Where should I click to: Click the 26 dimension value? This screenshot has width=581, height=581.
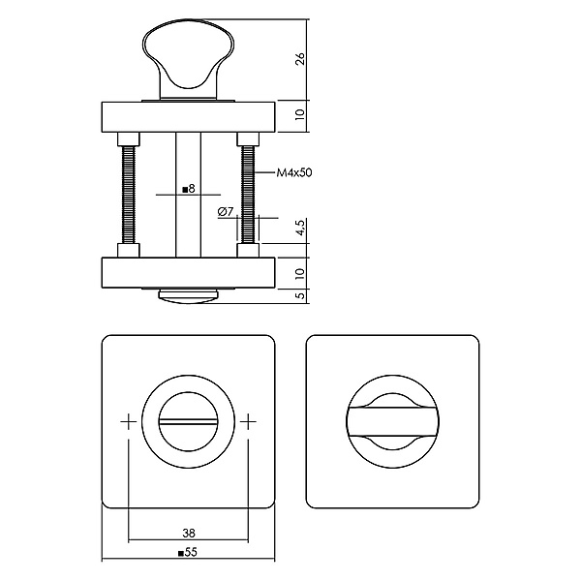(300, 59)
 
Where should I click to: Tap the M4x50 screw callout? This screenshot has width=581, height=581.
(294, 172)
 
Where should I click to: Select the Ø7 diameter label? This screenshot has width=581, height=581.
(226, 211)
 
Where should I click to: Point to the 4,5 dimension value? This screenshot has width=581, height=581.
(300, 228)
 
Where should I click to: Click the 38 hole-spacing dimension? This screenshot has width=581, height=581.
(189, 534)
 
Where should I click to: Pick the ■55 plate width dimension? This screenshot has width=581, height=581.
(188, 553)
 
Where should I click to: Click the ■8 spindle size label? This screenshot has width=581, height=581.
(189, 190)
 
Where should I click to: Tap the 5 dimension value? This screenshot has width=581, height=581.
(300, 295)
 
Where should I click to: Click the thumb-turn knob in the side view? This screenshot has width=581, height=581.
(189, 59)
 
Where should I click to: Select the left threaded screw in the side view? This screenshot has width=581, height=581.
(128, 195)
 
